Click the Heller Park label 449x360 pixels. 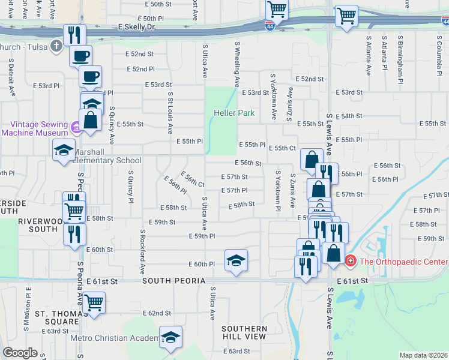pos(234,113)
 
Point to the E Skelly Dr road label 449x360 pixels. pos(136,27)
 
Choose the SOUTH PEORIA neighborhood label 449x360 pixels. pos(174,281)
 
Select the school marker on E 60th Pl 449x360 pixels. pos(236,260)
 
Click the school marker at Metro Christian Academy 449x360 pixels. pos(171,337)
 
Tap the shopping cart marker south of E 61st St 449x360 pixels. pos(94,302)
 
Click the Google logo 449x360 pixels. pos(20,353)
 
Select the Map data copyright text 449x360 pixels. pos(423,355)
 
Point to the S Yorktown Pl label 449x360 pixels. pos(277,191)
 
